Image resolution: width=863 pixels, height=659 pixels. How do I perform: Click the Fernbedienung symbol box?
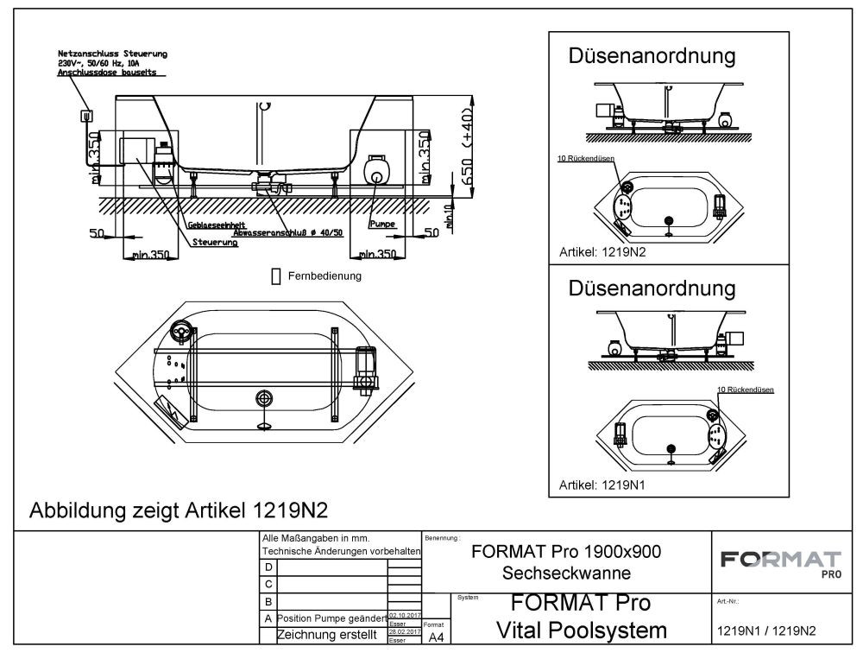coord(276,276)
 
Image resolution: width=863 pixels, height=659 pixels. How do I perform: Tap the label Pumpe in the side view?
coord(381,224)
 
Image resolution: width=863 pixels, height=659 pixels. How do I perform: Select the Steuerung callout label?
coord(216,243)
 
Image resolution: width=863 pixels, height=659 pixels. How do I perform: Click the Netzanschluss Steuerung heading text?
coord(112,54)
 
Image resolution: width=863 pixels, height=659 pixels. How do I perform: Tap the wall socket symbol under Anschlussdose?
coord(86,115)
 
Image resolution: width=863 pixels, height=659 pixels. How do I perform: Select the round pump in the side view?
coord(375,168)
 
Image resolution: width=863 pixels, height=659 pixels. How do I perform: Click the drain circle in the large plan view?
coord(264,398)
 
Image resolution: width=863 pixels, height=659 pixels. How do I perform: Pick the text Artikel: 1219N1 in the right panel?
coord(603,485)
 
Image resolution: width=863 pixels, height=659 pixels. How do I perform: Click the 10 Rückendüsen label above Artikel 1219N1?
coord(745,390)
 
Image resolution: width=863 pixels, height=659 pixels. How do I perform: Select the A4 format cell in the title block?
coord(436,637)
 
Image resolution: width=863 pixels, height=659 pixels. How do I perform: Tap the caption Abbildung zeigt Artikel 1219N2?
coord(179,509)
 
